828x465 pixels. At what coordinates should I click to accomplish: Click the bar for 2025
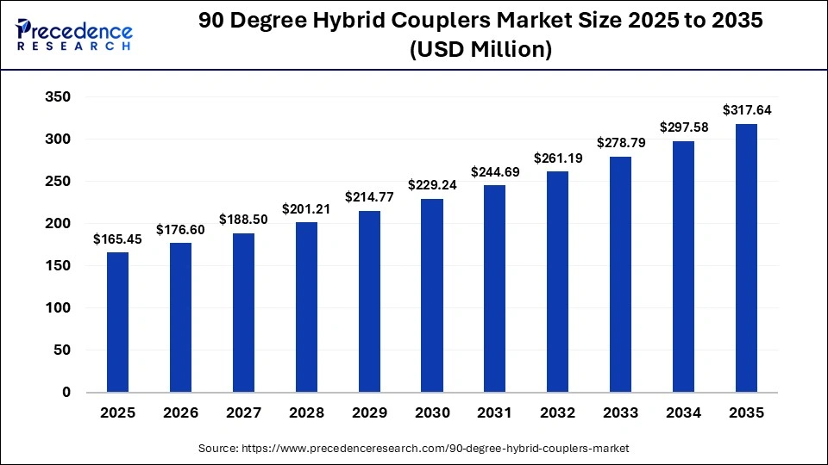[x=117, y=322]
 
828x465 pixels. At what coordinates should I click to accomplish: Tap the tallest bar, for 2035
[x=746, y=258]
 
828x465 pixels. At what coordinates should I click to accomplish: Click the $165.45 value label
[x=117, y=239]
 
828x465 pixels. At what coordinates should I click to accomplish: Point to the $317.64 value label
[x=746, y=110]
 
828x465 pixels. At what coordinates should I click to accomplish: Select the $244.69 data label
[x=494, y=172]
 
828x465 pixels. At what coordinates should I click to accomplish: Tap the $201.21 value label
[x=306, y=208]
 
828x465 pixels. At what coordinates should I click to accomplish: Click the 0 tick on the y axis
[x=66, y=393]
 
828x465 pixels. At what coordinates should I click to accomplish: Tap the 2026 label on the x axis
[x=180, y=413]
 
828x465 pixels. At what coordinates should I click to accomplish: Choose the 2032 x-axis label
[x=557, y=413]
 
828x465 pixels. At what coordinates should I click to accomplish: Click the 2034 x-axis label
[x=683, y=413]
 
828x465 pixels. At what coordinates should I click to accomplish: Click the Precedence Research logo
[x=74, y=35]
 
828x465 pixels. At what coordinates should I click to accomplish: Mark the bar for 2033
[x=620, y=275]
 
